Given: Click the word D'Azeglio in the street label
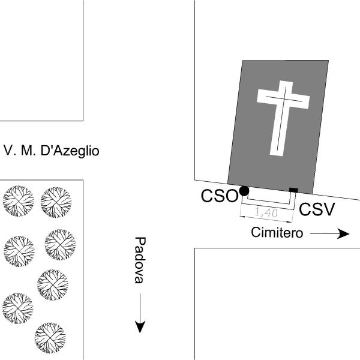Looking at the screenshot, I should [x=68, y=150].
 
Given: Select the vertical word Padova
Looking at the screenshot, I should [x=140, y=260].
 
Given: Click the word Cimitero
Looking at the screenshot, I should [x=277, y=233].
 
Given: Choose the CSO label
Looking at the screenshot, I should [x=219, y=196].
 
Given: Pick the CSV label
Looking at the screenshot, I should [x=316, y=209].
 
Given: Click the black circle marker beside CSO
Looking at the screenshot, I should [x=244, y=191].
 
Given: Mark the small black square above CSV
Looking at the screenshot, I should [x=293, y=190].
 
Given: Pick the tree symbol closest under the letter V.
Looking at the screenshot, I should [x=17, y=200].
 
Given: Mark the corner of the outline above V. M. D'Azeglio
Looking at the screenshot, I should [x=83, y=121].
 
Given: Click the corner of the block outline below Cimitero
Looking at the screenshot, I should [x=195, y=248].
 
